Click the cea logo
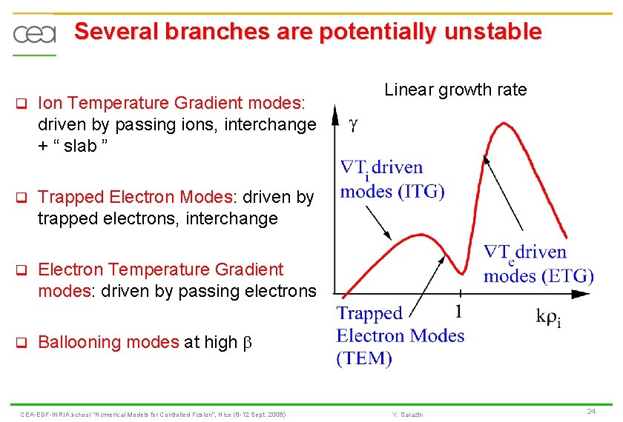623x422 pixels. pyautogui.click(x=35, y=35)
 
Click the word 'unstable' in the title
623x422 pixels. pyautogui.click(x=493, y=31)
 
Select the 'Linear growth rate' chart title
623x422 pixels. pyautogui.click(x=455, y=90)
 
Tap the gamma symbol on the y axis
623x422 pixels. pyautogui.click(x=353, y=125)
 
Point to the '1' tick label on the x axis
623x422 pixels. pyautogui.click(x=459, y=312)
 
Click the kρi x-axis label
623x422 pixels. pyautogui.click(x=549, y=318)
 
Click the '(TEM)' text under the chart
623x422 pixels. pyautogui.click(x=364, y=358)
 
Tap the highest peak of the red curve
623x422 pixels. pyautogui.click(x=504, y=124)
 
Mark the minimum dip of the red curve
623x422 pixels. pyautogui.click(x=461, y=273)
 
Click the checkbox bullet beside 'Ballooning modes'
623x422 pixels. pyautogui.click(x=22, y=342)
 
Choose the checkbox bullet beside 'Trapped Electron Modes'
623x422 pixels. pyautogui.click(x=22, y=197)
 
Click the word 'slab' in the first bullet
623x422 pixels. pyautogui.click(x=80, y=146)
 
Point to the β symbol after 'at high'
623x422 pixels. pyautogui.click(x=247, y=342)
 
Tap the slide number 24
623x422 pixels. pyautogui.click(x=591, y=412)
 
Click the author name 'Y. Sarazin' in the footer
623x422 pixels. pyautogui.click(x=407, y=415)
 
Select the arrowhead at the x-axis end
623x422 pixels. pyautogui.click(x=580, y=295)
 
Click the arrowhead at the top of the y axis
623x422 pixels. pyautogui.click(x=335, y=115)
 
